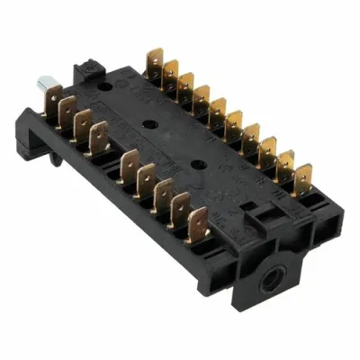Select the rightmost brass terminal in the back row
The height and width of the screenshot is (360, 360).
coord(303,174)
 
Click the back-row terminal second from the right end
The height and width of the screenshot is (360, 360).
coord(285,160)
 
